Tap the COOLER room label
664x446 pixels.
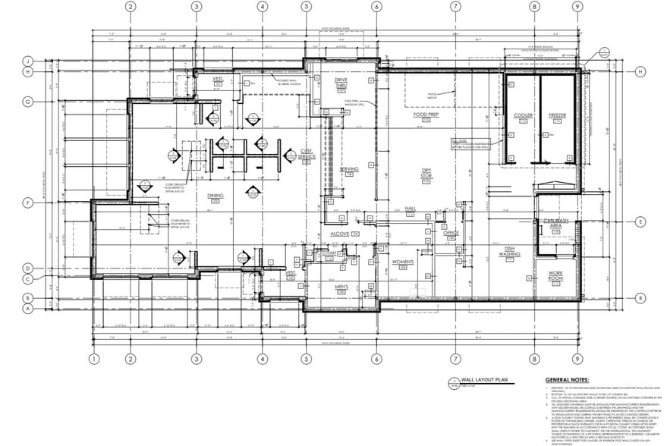(523, 115)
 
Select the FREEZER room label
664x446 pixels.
(558, 115)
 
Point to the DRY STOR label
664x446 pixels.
(426, 174)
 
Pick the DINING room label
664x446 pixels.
(215, 196)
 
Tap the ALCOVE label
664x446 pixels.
(339, 234)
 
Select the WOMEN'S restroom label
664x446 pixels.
(401, 262)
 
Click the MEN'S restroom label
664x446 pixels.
(341, 286)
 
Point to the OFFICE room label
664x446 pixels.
(452, 233)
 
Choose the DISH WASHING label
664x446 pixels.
(508, 252)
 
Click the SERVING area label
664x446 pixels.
(349, 169)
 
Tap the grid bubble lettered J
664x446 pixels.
(27, 61)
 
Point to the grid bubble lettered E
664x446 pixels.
(640, 221)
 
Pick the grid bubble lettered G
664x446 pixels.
(27, 102)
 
